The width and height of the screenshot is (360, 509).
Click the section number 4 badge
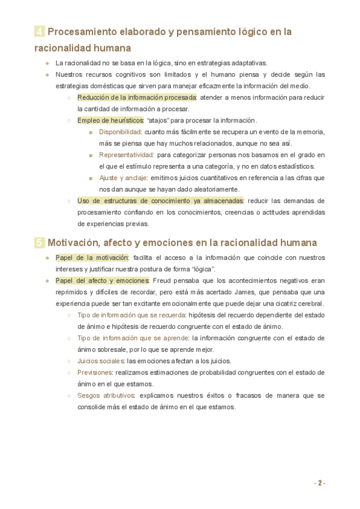click(39, 32)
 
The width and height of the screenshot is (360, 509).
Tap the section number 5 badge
click(39, 243)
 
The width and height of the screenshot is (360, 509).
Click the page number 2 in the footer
click(320, 483)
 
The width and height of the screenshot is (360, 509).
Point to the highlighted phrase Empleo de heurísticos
click(110, 120)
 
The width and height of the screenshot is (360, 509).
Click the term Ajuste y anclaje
click(123, 178)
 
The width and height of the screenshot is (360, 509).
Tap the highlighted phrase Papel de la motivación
click(92, 258)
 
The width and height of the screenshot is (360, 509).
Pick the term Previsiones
click(94, 372)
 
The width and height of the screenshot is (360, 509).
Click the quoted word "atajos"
click(158, 120)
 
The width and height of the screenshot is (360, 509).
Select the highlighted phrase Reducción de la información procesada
click(137, 97)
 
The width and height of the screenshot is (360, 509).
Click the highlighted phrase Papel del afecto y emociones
click(102, 280)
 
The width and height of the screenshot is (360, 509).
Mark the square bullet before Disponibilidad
click(91, 132)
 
